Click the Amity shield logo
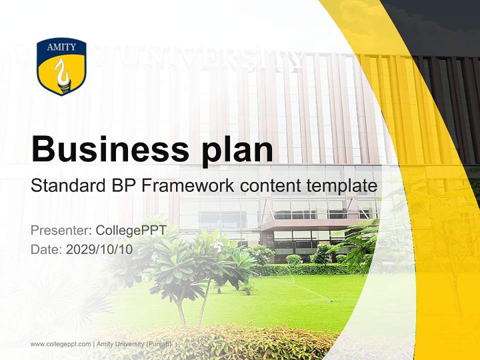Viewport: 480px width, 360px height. (x=61, y=66)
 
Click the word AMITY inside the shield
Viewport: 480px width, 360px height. (x=61, y=47)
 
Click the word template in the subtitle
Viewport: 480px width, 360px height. (x=342, y=186)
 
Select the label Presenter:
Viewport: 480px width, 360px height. (x=60, y=230)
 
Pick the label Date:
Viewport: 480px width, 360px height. (x=46, y=249)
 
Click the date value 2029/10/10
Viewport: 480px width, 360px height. (x=99, y=249)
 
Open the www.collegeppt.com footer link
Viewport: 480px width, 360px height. (x=60, y=344)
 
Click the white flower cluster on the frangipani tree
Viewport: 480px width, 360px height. (x=217, y=245)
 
